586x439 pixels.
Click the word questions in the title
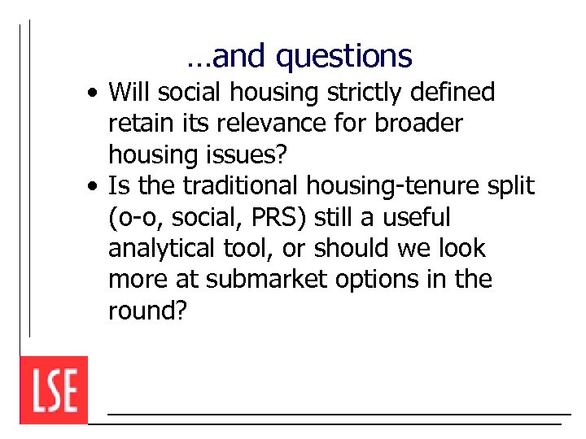pos(343,56)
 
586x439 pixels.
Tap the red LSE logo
pos(54,389)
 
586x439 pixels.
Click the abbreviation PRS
pos(264,217)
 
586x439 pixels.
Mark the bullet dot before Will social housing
pos(95,93)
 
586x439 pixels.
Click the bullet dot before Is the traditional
pos(95,187)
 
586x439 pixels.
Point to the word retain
pos(134,124)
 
